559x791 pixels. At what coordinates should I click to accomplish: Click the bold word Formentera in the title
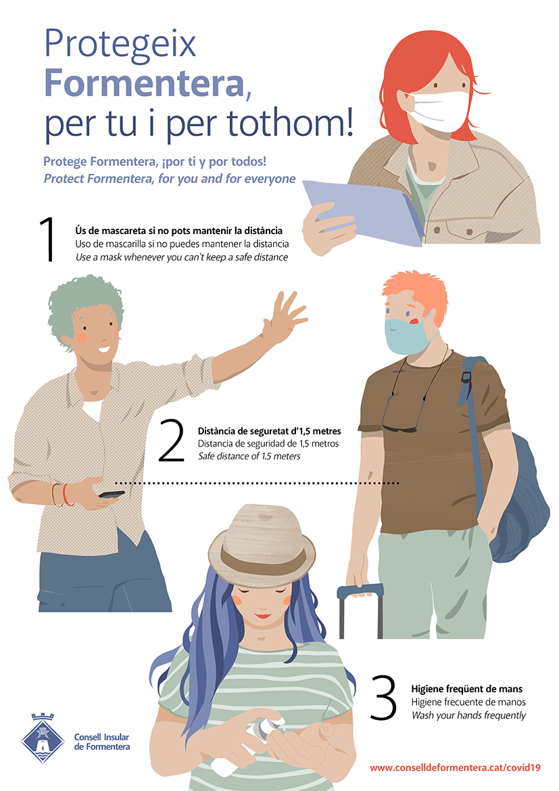point(145,83)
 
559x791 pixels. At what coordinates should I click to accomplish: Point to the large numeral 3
point(383,697)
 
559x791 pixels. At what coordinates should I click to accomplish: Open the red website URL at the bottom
point(455,767)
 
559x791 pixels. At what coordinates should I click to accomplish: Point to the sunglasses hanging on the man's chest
point(399,415)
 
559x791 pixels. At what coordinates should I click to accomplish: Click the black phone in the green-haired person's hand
point(112,495)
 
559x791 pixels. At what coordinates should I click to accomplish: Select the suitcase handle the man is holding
point(360,606)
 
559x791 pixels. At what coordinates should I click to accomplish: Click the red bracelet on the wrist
point(66,495)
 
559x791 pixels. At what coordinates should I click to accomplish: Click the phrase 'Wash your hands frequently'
point(468,715)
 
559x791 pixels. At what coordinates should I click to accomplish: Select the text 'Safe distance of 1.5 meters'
point(249,457)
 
